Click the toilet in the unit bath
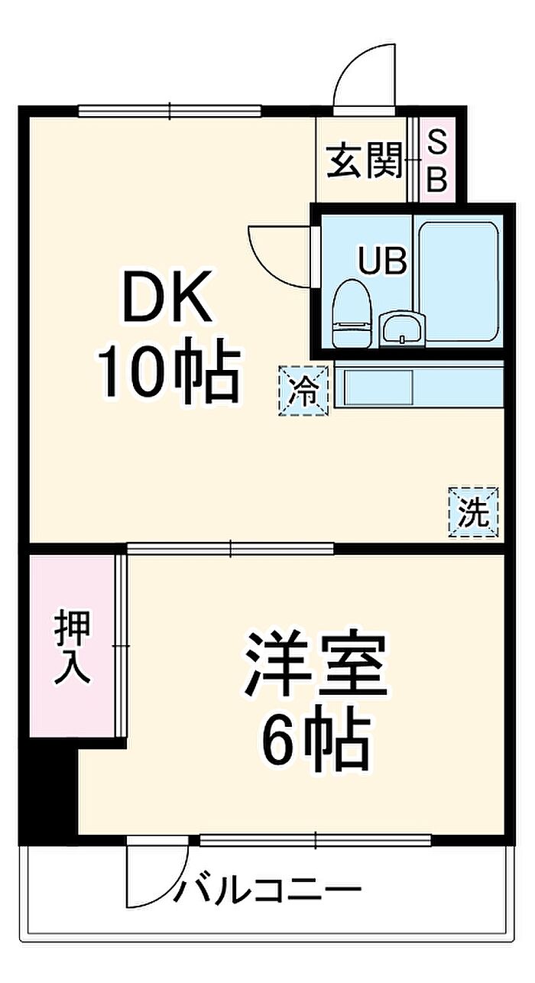click(352, 313)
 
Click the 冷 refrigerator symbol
click(305, 391)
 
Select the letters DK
click(167, 299)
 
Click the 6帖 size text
click(314, 740)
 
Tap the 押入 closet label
click(73, 646)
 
